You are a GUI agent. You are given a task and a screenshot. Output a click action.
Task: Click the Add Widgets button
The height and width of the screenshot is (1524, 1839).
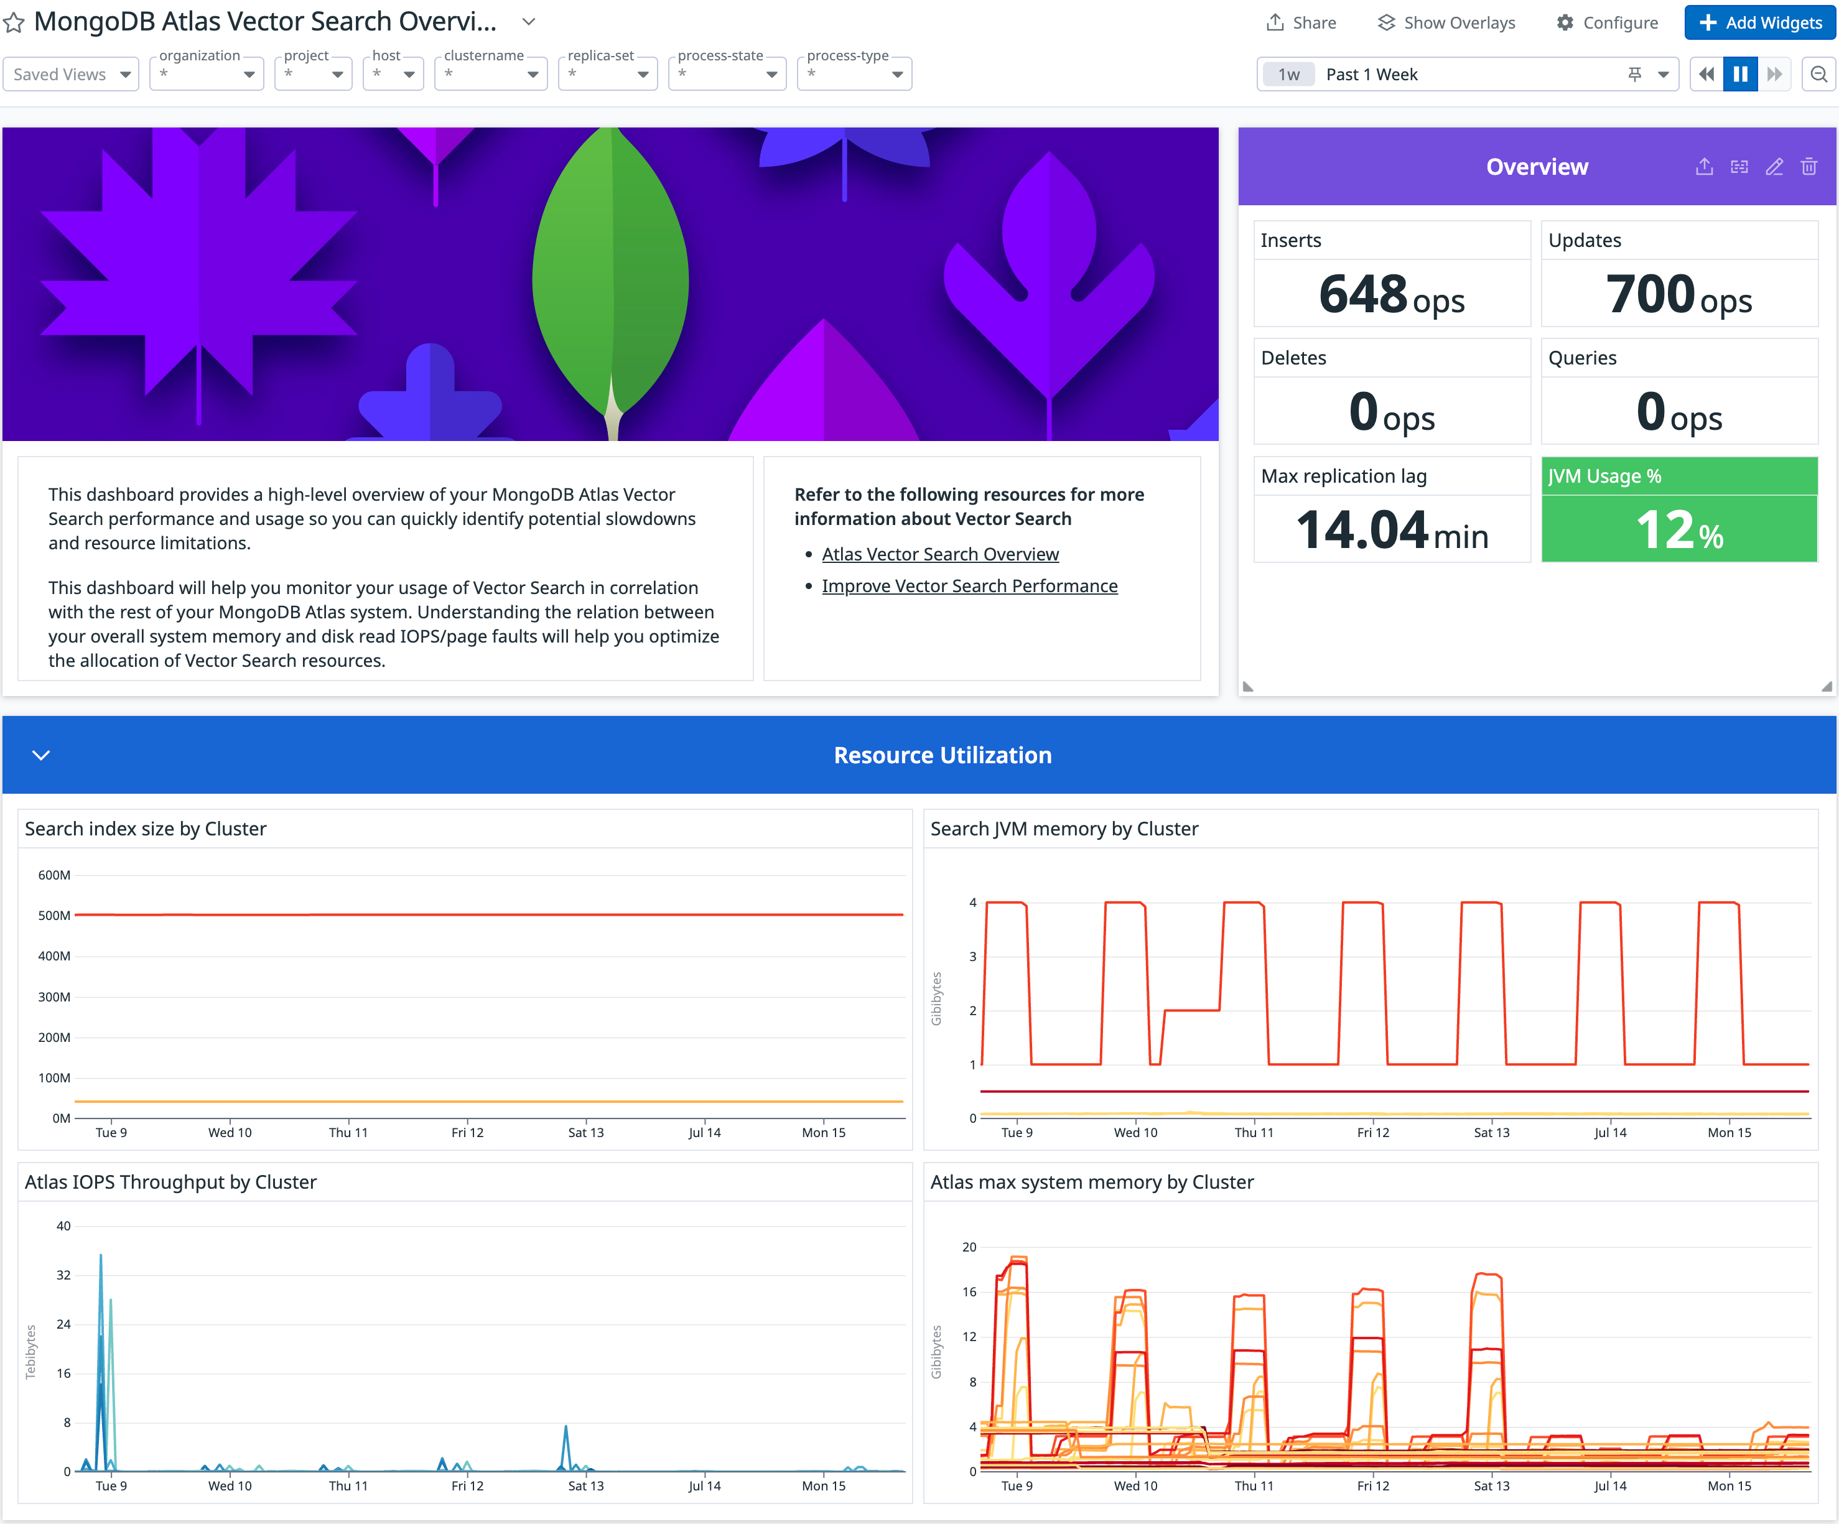(1759, 23)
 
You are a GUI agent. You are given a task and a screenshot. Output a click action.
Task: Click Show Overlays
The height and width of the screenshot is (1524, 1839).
(1446, 23)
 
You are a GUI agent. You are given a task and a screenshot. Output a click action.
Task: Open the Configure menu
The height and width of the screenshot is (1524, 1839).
(1607, 23)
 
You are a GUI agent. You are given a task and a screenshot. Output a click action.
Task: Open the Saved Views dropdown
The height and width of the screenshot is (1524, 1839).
(71, 75)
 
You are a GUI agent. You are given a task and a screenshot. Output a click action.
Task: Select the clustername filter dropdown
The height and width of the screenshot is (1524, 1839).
(490, 75)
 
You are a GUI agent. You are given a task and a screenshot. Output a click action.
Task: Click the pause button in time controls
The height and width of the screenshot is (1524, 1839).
(1740, 75)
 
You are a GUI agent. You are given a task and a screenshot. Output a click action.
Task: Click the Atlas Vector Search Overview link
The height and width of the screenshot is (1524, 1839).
(939, 554)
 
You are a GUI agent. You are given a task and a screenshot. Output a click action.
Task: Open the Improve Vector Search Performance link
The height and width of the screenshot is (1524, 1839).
(969, 585)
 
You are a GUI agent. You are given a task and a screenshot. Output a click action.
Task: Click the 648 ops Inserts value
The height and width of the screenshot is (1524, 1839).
(1390, 294)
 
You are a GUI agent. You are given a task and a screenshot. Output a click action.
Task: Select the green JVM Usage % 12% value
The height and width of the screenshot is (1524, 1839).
(1678, 531)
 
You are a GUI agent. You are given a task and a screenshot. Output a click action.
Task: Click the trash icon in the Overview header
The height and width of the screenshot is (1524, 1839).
(1809, 166)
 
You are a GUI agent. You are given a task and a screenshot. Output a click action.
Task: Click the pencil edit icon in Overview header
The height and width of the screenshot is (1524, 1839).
(1773, 166)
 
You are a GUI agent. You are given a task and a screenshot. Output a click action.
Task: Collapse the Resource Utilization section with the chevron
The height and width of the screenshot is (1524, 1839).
(41, 755)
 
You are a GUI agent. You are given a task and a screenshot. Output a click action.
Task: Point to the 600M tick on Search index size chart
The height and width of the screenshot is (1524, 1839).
(54, 875)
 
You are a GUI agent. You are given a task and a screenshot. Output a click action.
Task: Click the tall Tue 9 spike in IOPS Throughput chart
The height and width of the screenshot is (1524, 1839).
(101, 1269)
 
